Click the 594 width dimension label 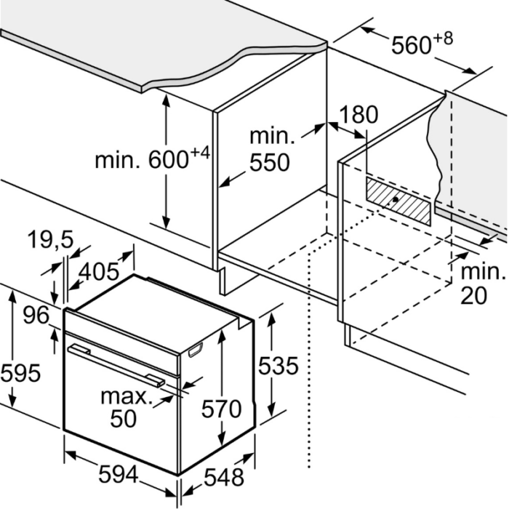(118, 474)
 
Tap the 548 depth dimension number (224, 477)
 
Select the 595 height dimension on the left (20, 372)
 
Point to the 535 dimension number (278, 366)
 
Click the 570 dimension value (221, 409)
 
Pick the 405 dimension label (99, 272)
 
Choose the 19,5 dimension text (51, 239)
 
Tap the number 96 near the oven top (36, 315)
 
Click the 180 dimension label (358, 114)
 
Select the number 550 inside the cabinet (270, 162)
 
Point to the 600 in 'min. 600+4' (169, 159)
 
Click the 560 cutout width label (411, 45)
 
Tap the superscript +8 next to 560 (442, 39)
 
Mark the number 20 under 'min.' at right (474, 295)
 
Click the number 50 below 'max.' (124, 419)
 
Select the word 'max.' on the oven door (127, 397)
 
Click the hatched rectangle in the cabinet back (398, 201)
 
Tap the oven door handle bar (116, 365)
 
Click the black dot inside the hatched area (395, 199)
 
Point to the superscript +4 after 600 (201, 153)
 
